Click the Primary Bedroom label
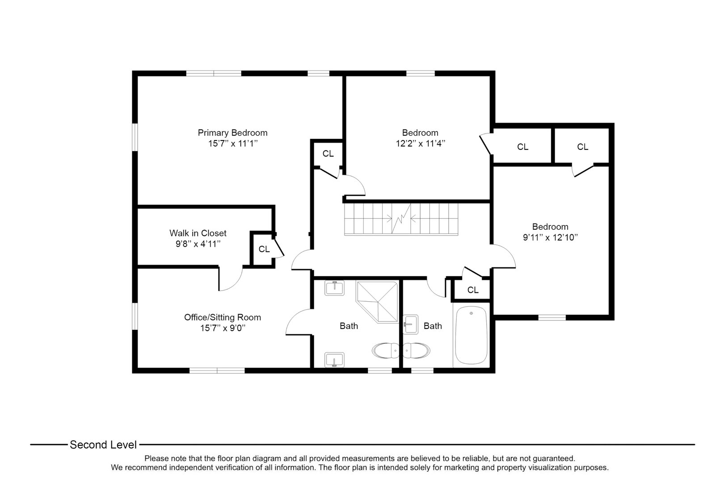tap(232, 133)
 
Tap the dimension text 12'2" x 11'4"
tap(420, 143)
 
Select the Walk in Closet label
tap(198, 233)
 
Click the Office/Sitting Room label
tap(222, 317)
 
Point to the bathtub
tap(471, 336)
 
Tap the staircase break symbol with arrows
tap(401, 219)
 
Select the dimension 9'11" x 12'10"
tap(550, 237)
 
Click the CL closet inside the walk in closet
tap(264, 249)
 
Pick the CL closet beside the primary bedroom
tap(328, 154)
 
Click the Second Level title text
tap(103, 445)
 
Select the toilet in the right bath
tap(416, 351)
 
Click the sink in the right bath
tap(410, 324)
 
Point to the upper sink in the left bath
tap(334, 288)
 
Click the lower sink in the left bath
tap(334, 359)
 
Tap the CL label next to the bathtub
tap(472, 290)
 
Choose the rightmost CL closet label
tap(582, 147)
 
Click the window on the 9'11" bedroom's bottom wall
tap(552, 317)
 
